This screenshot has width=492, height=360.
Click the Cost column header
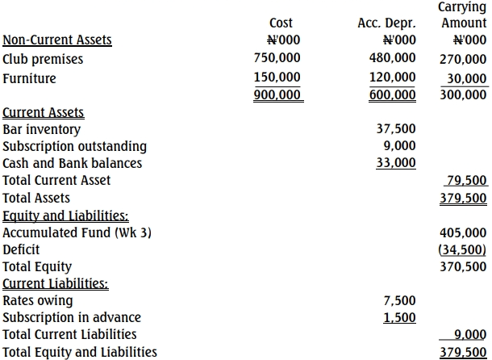coord(280,23)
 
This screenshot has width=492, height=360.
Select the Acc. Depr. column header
coord(386,23)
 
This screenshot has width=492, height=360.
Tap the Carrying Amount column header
coord(464,16)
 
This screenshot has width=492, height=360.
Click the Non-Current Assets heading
coord(57,40)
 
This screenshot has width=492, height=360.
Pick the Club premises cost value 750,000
coord(277,58)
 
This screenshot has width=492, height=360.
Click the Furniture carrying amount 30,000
coord(467,78)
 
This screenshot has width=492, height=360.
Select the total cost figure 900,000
coord(277,94)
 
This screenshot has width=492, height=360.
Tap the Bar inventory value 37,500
coord(396,128)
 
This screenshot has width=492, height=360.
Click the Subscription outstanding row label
coord(75,146)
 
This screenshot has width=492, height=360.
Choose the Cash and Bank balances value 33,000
coord(396,163)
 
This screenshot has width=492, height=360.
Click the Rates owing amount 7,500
coord(399,301)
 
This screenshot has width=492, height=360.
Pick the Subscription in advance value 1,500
coord(399,317)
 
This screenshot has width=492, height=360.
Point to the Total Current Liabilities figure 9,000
coord(470,334)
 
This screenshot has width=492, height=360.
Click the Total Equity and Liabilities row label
coord(80,351)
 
